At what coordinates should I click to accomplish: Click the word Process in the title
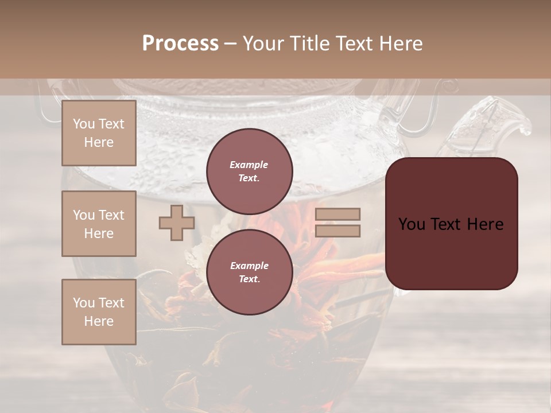coord(180,43)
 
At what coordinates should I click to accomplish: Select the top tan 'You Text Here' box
coord(99,133)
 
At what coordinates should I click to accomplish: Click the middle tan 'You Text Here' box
coord(99,224)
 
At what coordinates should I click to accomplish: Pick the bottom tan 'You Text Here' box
coord(99,312)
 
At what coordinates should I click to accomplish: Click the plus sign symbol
coord(177,223)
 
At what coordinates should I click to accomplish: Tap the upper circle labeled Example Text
coord(249,171)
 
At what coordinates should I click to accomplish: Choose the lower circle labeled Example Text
coord(249,272)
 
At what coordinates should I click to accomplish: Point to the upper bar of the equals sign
coord(337,215)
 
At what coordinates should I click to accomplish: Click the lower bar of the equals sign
coord(337,231)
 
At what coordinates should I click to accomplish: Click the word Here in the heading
coord(401,43)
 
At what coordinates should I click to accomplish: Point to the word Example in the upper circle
coord(249,165)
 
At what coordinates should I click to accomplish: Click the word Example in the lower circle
coord(249,266)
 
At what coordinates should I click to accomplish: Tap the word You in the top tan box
coord(84,124)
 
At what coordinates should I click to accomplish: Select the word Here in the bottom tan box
coord(99,321)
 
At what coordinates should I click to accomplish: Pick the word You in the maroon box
coord(411,224)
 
